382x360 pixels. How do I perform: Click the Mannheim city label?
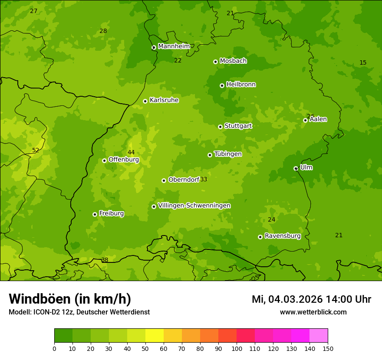point(174,46)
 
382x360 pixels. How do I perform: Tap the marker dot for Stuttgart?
point(220,127)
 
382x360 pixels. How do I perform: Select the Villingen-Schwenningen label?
point(194,206)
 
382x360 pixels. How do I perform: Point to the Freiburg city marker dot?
point(95,214)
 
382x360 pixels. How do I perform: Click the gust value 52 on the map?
point(36,151)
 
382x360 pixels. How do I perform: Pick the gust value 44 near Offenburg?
point(131,152)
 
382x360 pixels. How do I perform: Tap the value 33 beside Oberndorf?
point(204,180)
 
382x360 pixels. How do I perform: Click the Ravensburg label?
point(282,236)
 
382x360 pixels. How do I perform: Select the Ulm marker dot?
point(296,168)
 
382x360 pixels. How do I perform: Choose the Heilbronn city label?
point(241,85)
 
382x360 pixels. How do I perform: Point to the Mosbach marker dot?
point(215,62)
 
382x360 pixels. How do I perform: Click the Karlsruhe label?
point(164,100)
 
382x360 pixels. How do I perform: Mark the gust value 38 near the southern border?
point(105,260)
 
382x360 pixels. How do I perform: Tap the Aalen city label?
point(318,119)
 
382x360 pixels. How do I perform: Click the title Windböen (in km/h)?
point(70,299)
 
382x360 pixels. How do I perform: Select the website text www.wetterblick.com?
point(313,312)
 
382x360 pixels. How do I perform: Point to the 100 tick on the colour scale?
point(237,348)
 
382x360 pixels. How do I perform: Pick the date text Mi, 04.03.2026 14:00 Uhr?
point(311,299)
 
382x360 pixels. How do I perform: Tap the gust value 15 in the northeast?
point(363,63)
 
